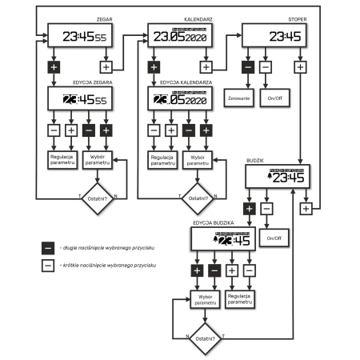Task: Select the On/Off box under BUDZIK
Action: pos(276,238)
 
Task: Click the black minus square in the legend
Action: pos(48,250)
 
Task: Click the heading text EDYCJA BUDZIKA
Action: pos(213,222)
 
